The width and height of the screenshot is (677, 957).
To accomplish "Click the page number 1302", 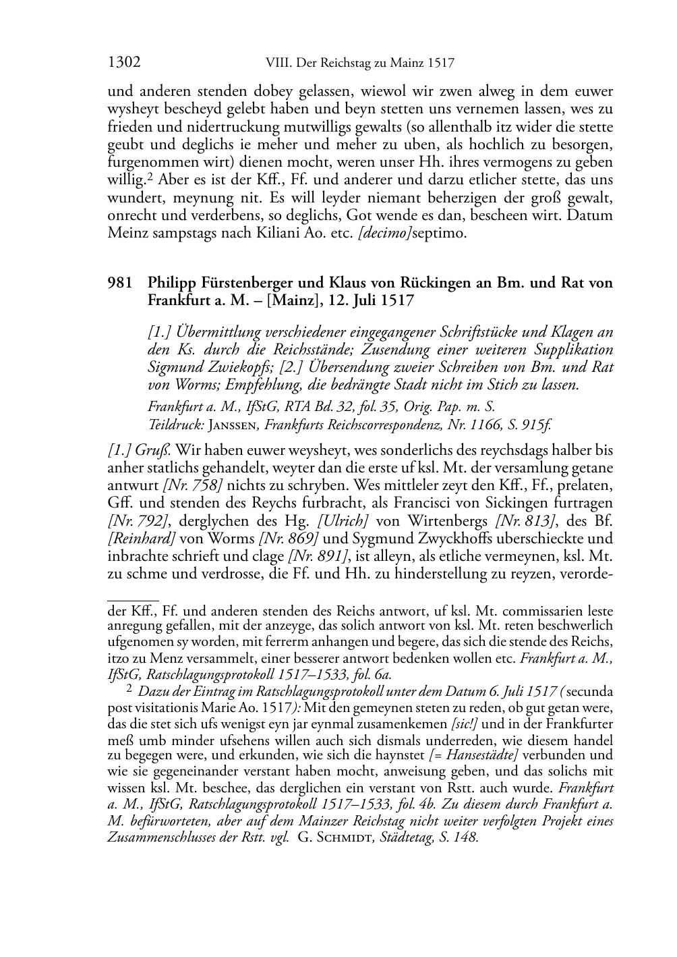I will pyautogui.click(x=124, y=63).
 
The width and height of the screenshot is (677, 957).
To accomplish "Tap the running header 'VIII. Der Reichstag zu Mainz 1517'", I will pyautogui.click(x=356, y=63).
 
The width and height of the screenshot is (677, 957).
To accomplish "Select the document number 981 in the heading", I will pyautogui.click(x=120, y=283).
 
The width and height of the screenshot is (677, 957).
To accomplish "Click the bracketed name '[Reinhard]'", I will pyautogui.click(x=142, y=538).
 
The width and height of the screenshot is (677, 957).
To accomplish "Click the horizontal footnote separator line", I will pyautogui.click(x=133, y=598).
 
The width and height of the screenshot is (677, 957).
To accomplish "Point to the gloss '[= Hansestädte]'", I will pyautogui.click(x=473, y=755).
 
